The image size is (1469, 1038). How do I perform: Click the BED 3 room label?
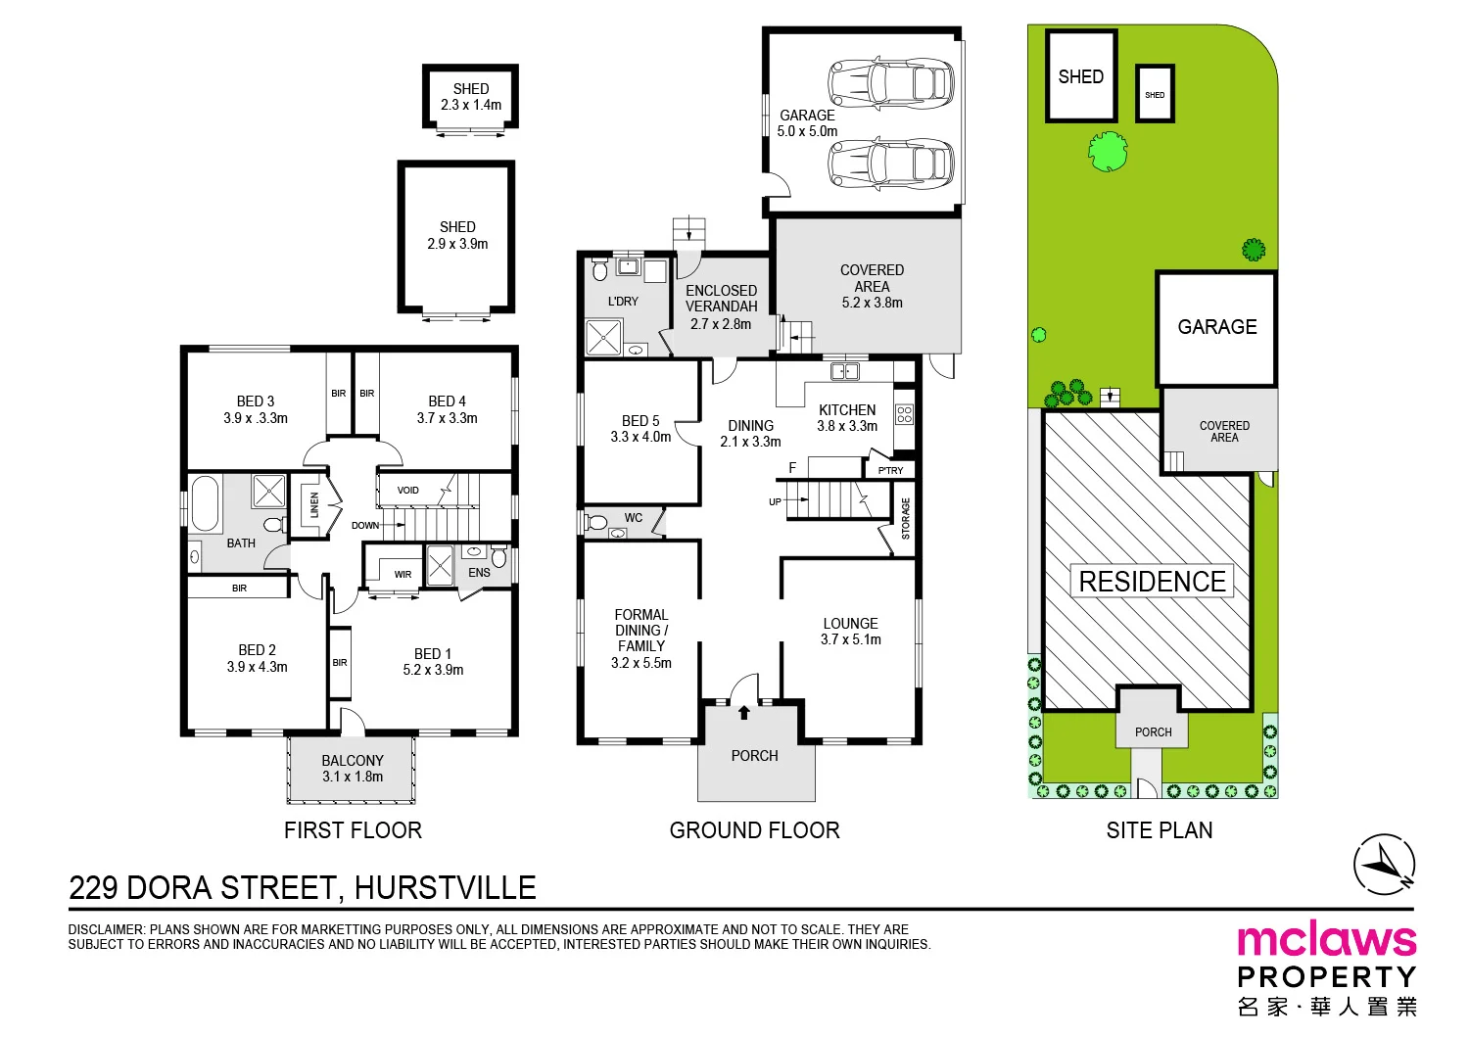point(255,409)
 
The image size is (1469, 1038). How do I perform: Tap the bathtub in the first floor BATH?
point(204,503)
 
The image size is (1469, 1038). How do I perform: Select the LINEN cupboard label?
point(314,505)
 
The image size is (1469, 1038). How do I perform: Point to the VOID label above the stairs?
point(408,490)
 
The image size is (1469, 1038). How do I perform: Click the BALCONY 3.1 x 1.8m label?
point(353,768)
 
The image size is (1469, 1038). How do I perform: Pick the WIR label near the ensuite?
point(403,575)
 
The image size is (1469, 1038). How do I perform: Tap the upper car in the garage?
point(890,83)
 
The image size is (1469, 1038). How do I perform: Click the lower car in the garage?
point(890,165)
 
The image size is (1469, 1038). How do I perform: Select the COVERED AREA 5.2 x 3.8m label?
point(872,286)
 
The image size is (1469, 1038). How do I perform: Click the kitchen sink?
point(844,372)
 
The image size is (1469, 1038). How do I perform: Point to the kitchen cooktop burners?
point(904,414)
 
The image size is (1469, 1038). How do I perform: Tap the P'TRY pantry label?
point(890,470)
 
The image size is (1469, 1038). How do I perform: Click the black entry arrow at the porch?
point(743,712)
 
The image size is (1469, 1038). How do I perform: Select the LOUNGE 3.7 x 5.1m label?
point(851,631)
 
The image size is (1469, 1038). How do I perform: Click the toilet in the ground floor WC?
point(595,523)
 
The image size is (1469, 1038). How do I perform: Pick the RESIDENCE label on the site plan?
point(1153,581)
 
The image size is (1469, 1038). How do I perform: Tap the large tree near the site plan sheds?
point(1108,152)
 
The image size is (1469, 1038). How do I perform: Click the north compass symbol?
point(1384,865)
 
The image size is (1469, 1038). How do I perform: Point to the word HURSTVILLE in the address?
point(446,888)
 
